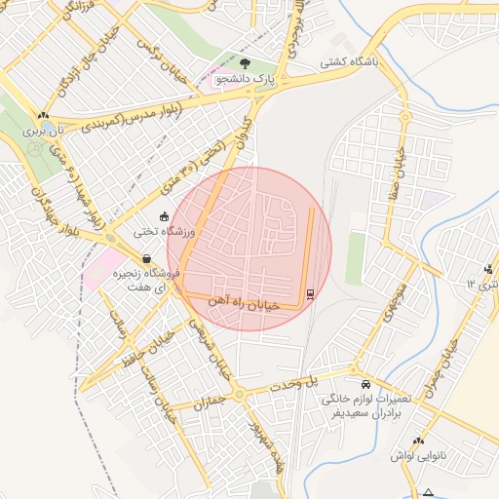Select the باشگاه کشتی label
(353, 60)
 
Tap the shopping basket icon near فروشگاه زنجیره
(146, 260)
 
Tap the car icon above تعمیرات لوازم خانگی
(365, 384)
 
